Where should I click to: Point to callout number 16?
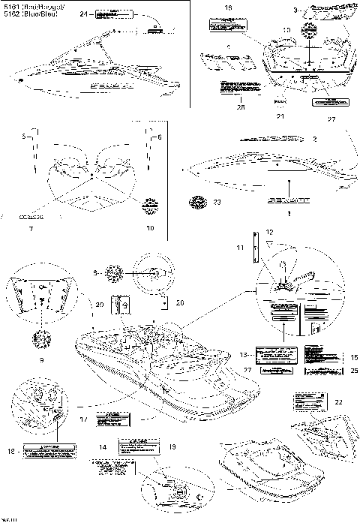pyautogui.click(x=228, y=7)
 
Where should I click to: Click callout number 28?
pyautogui.click(x=220, y=107)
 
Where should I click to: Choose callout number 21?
pyautogui.click(x=279, y=117)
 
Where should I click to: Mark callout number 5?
pyautogui.click(x=24, y=137)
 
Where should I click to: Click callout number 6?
pyautogui.click(x=159, y=137)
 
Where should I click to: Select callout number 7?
pyautogui.click(x=29, y=227)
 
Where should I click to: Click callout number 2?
pyautogui.click(x=335, y=140)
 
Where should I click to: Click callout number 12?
pyautogui.click(x=269, y=234)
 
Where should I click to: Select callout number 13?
pyautogui.click(x=242, y=354)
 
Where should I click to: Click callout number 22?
pyautogui.click(x=338, y=403)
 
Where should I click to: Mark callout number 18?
pyautogui.click(x=11, y=452)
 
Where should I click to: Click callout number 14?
pyautogui.click(x=103, y=447)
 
